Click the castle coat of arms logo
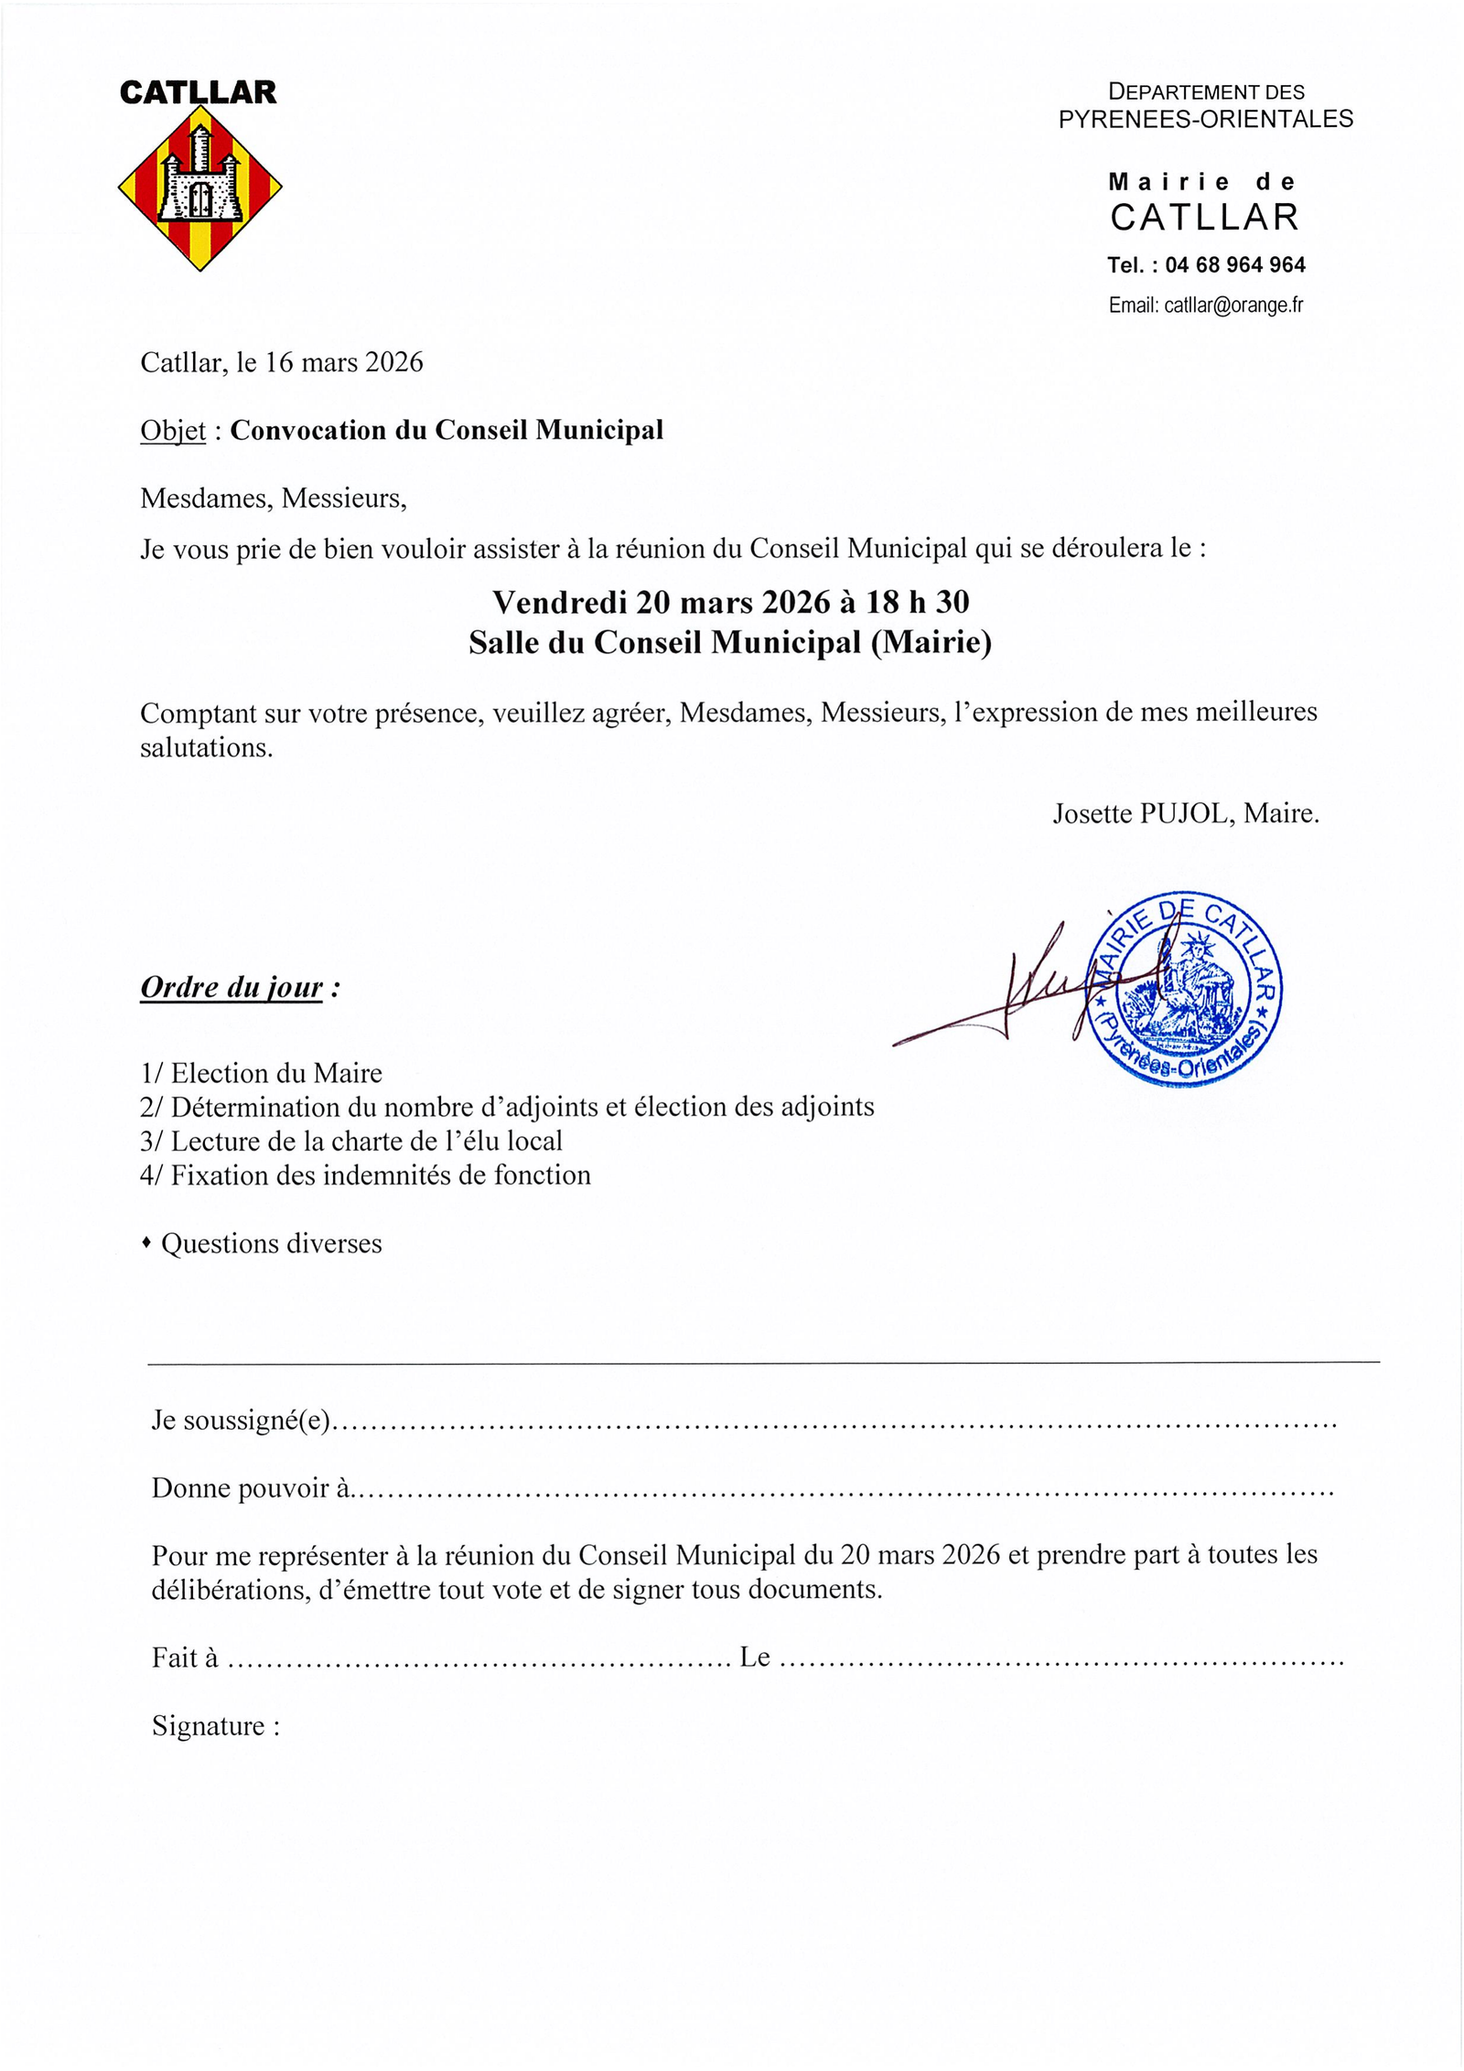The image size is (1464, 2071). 199,188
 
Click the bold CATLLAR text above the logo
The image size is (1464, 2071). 198,92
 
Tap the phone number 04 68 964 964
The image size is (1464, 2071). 1234,265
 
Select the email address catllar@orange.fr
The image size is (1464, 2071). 1233,306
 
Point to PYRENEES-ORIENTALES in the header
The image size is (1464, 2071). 1205,119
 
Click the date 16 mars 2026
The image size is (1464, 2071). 344,363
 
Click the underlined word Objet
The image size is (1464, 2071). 173,431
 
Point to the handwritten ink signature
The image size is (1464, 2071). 1016,993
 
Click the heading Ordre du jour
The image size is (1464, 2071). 231,988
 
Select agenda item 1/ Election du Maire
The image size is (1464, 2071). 262,1073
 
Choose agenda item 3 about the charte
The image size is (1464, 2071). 351,1141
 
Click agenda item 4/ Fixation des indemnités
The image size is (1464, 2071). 365,1175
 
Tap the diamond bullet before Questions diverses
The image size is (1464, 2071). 146,1243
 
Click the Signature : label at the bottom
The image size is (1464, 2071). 215,1726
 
